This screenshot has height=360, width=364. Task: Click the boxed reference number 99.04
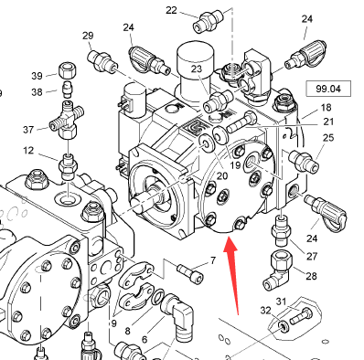[x=328, y=89]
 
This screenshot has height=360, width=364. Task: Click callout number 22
[x=171, y=10]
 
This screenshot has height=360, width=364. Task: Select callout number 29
[x=88, y=36]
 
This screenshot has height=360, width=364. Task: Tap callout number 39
[x=37, y=75]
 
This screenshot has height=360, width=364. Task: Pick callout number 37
[x=28, y=130]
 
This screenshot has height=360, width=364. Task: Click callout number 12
[x=28, y=150]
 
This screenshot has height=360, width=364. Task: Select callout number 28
[x=311, y=276]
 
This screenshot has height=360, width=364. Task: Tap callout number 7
[x=213, y=260]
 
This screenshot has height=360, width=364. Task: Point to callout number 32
[x=265, y=311]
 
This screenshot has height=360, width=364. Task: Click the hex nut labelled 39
[x=67, y=69]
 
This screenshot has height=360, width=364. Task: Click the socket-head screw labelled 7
[x=190, y=272]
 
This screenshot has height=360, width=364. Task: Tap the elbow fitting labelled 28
[x=278, y=270]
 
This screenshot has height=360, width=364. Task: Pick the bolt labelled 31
[x=301, y=316]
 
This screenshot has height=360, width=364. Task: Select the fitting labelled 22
[x=208, y=20]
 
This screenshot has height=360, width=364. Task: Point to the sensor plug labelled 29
[x=102, y=60]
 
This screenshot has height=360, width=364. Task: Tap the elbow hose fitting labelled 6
[x=179, y=314]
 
